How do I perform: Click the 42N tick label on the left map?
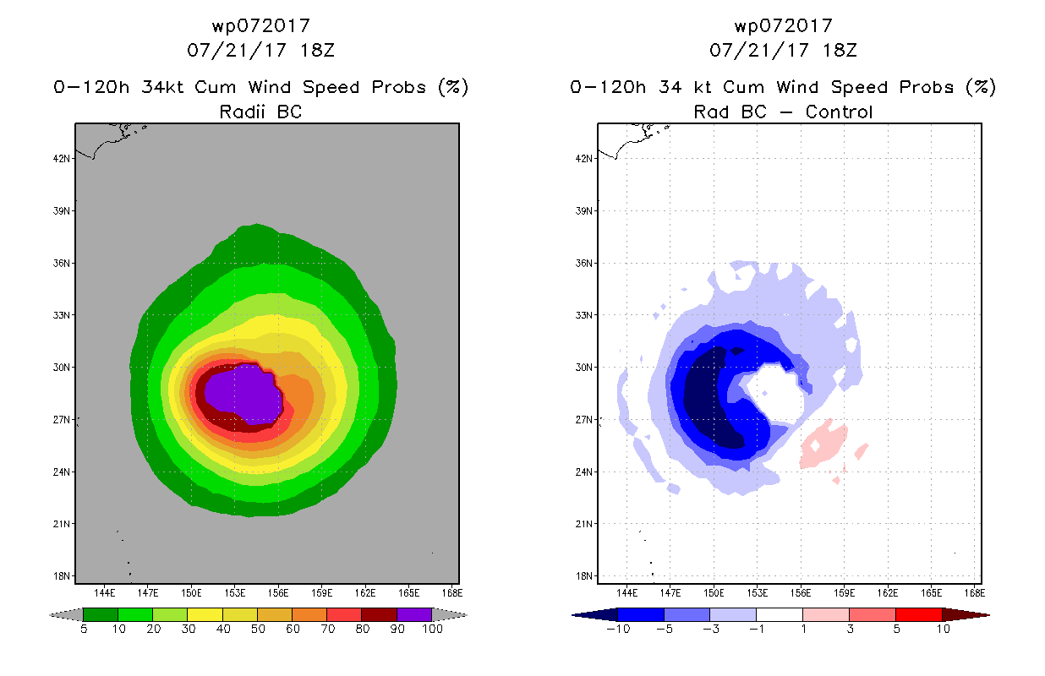pos(61,159)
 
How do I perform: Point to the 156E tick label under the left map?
pos(278,593)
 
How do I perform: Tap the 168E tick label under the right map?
pos(975,593)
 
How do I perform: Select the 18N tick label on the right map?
pos(583,576)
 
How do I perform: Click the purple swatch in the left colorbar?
pos(414,614)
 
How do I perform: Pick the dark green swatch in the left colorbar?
pos(101,614)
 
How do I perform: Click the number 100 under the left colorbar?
pos(432,630)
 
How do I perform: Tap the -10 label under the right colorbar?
pos(619,630)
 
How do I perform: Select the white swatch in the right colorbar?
pos(779,614)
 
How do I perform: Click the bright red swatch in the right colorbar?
pos(918,614)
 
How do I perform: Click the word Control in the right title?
pos(839,112)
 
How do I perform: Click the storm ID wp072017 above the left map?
pos(261,25)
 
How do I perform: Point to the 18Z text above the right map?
pos(840,50)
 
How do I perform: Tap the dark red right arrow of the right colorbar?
pos(966,615)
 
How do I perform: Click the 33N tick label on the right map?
pos(583,315)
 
